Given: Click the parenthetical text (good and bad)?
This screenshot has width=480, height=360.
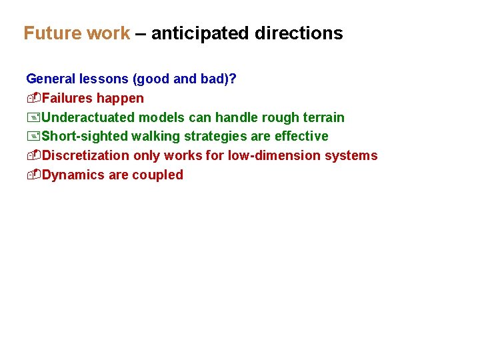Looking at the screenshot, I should coord(185,79).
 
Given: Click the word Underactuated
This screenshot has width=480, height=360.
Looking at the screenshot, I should coord(88,118).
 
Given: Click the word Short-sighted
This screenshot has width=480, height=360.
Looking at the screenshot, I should coord(85,137).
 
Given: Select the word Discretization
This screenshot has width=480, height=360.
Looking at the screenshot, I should coord(85,156).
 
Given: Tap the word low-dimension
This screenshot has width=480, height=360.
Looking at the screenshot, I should coord(274,156).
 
